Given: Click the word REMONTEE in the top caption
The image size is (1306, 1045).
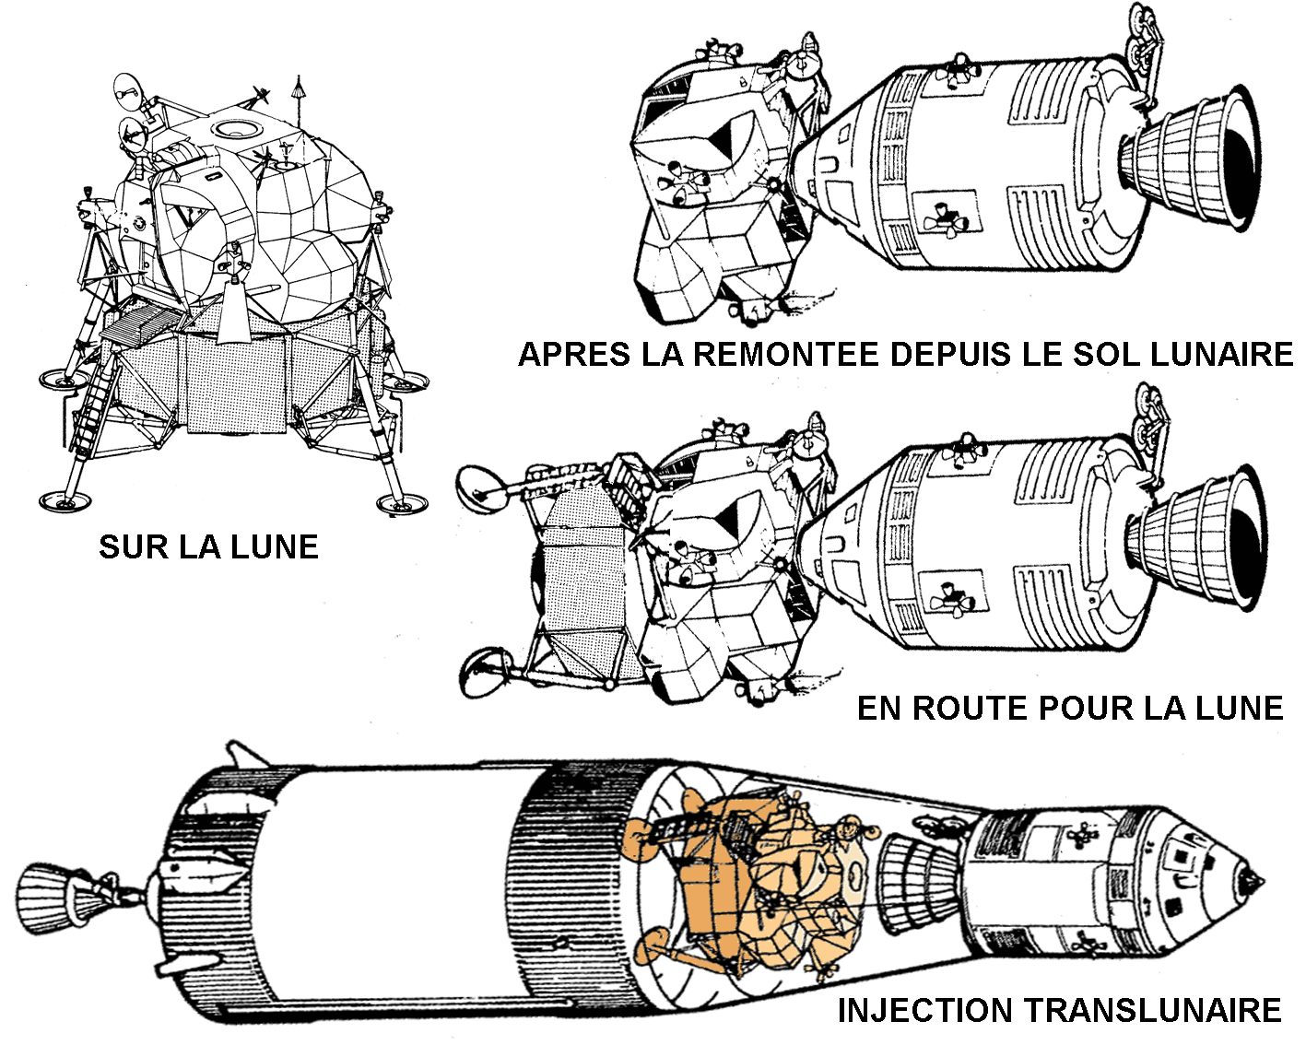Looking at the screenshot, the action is click(786, 355).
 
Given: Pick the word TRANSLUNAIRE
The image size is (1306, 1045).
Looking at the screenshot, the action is click(1153, 1010).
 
